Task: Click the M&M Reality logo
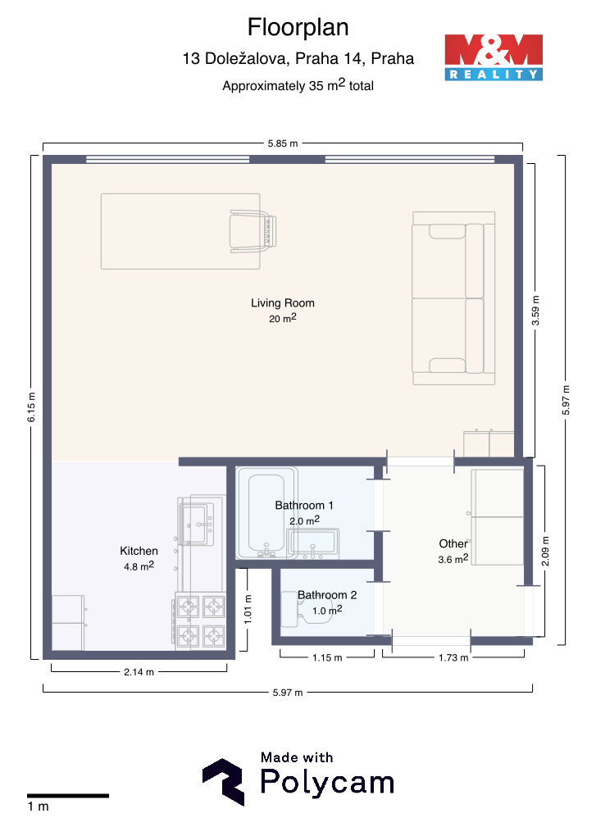click(494, 57)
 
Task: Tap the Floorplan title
click(298, 27)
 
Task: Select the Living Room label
click(283, 302)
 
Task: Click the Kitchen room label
click(139, 551)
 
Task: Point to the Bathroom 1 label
click(304, 505)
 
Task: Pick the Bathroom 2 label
click(327, 595)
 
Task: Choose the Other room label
click(453, 543)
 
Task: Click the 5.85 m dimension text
click(283, 143)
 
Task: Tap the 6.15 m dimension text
click(32, 407)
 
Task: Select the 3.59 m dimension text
click(535, 310)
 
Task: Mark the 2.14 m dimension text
click(139, 672)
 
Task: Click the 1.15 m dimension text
click(327, 657)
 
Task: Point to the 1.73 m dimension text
click(453, 657)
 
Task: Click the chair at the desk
click(253, 231)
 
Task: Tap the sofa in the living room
click(453, 298)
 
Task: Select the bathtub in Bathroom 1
click(266, 512)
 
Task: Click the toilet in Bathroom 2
click(306, 609)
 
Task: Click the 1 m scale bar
click(68, 795)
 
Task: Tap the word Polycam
click(328, 782)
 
